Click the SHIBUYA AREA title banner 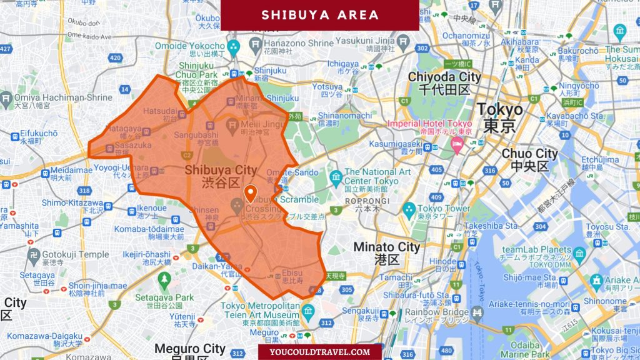pos(319,15)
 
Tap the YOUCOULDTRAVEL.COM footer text pos(319,352)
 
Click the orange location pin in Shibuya pos(251,194)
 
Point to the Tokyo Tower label pos(444,208)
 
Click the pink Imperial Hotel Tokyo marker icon pos(457,146)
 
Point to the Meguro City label pos(189,348)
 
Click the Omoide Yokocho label pos(189,46)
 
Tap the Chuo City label pos(529,153)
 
